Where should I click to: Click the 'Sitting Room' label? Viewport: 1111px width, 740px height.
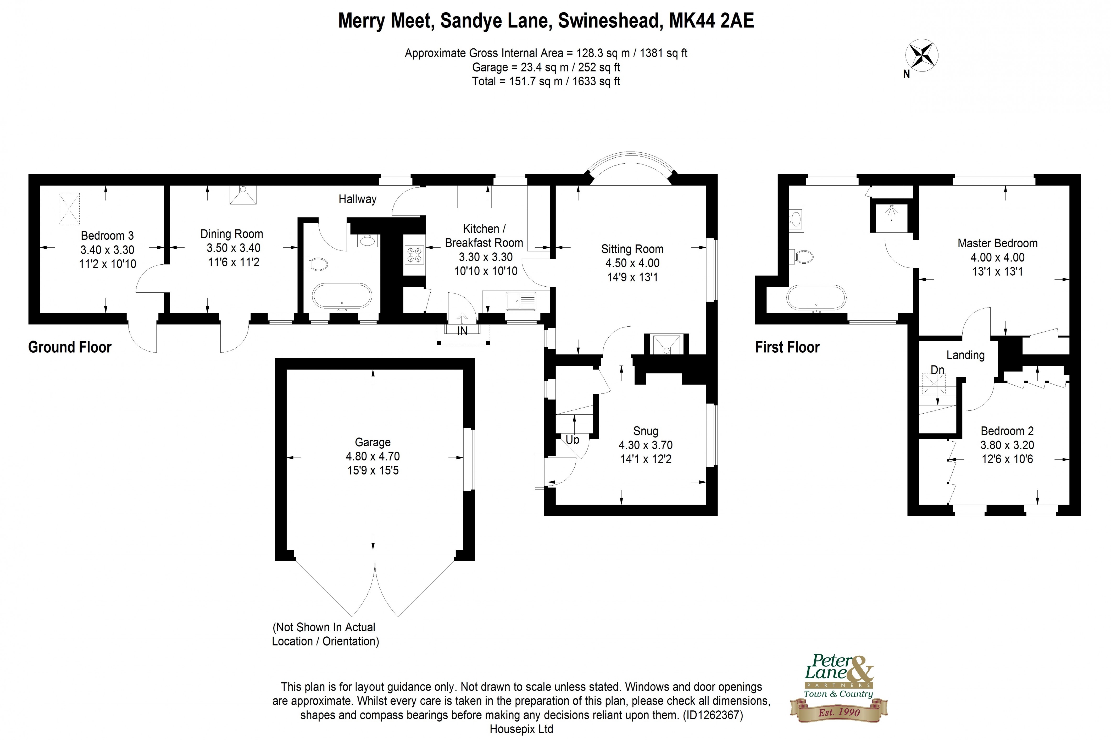pyautogui.click(x=632, y=249)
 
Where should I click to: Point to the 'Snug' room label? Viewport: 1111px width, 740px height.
pyautogui.click(x=645, y=431)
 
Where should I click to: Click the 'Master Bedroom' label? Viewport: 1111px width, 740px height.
pyautogui.click(x=997, y=243)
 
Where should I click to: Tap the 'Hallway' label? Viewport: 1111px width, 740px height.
pyautogui.click(x=357, y=199)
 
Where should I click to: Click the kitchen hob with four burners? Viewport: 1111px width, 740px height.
pyautogui.click(x=414, y=255)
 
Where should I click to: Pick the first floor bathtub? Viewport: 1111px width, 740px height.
pyautogui.click(x=816, y=298)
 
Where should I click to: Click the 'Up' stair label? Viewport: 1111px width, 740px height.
pyautogui.click(x=572, y=440)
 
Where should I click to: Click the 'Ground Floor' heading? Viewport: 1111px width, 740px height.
pyautogui.click(x=70, y=347)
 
